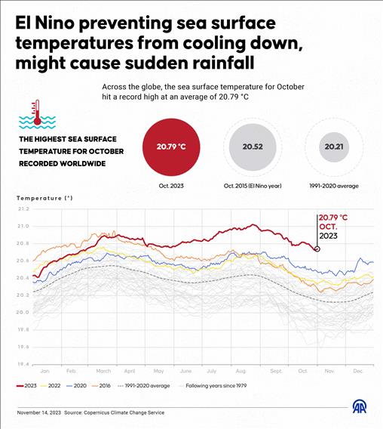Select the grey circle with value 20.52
pyautogui.click(x=253, y=147)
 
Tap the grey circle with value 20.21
pyautogui.click(x=332, y=147)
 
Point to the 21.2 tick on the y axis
pyautogui.click(x=23, y=209)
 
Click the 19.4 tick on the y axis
pyautogui.click(x=23, y=364)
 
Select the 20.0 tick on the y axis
pyautogui.click(x=23, y=313)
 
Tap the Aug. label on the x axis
pyautogui.click(x=241, y=372)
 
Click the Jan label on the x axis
pyautogui.click(x=44, y=372)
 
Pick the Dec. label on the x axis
pyautogui.click(x=357, y=372)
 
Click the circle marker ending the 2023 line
pyautogui.click(x=317, y=248)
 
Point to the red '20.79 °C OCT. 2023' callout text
pyautogui.click(x=332, y=225)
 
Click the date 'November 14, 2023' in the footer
pyautogui.click(x=38, y=412)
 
